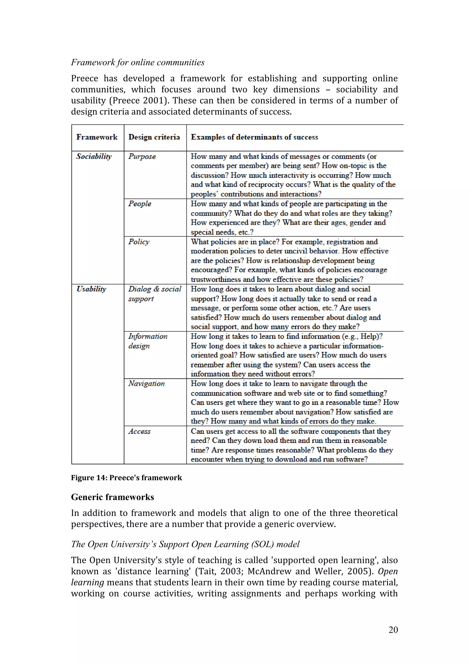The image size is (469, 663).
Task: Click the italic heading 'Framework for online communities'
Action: [x=138, y=62]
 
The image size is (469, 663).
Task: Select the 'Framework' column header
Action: [x=97, y=137]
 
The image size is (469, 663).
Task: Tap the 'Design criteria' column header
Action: [x=154, y=137]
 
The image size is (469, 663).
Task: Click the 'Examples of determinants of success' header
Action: [x=254, y=137]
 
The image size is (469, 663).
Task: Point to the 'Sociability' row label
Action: [x=94, y=156]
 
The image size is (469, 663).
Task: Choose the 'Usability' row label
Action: [x=91, y=289]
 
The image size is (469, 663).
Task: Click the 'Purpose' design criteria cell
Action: [x=142, y=156]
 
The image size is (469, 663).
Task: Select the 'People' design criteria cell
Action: [x=140, y=204]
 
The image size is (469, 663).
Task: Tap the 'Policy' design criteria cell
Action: [x=139, y=242]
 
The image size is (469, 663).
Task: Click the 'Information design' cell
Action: [x=148, y=341]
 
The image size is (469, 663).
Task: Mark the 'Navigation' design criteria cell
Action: [x=147, y=383]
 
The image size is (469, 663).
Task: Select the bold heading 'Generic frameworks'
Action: [x=112, y=497]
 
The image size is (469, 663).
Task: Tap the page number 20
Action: [x=393, y=630]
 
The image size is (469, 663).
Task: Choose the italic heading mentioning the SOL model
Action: [x=185, y=544]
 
